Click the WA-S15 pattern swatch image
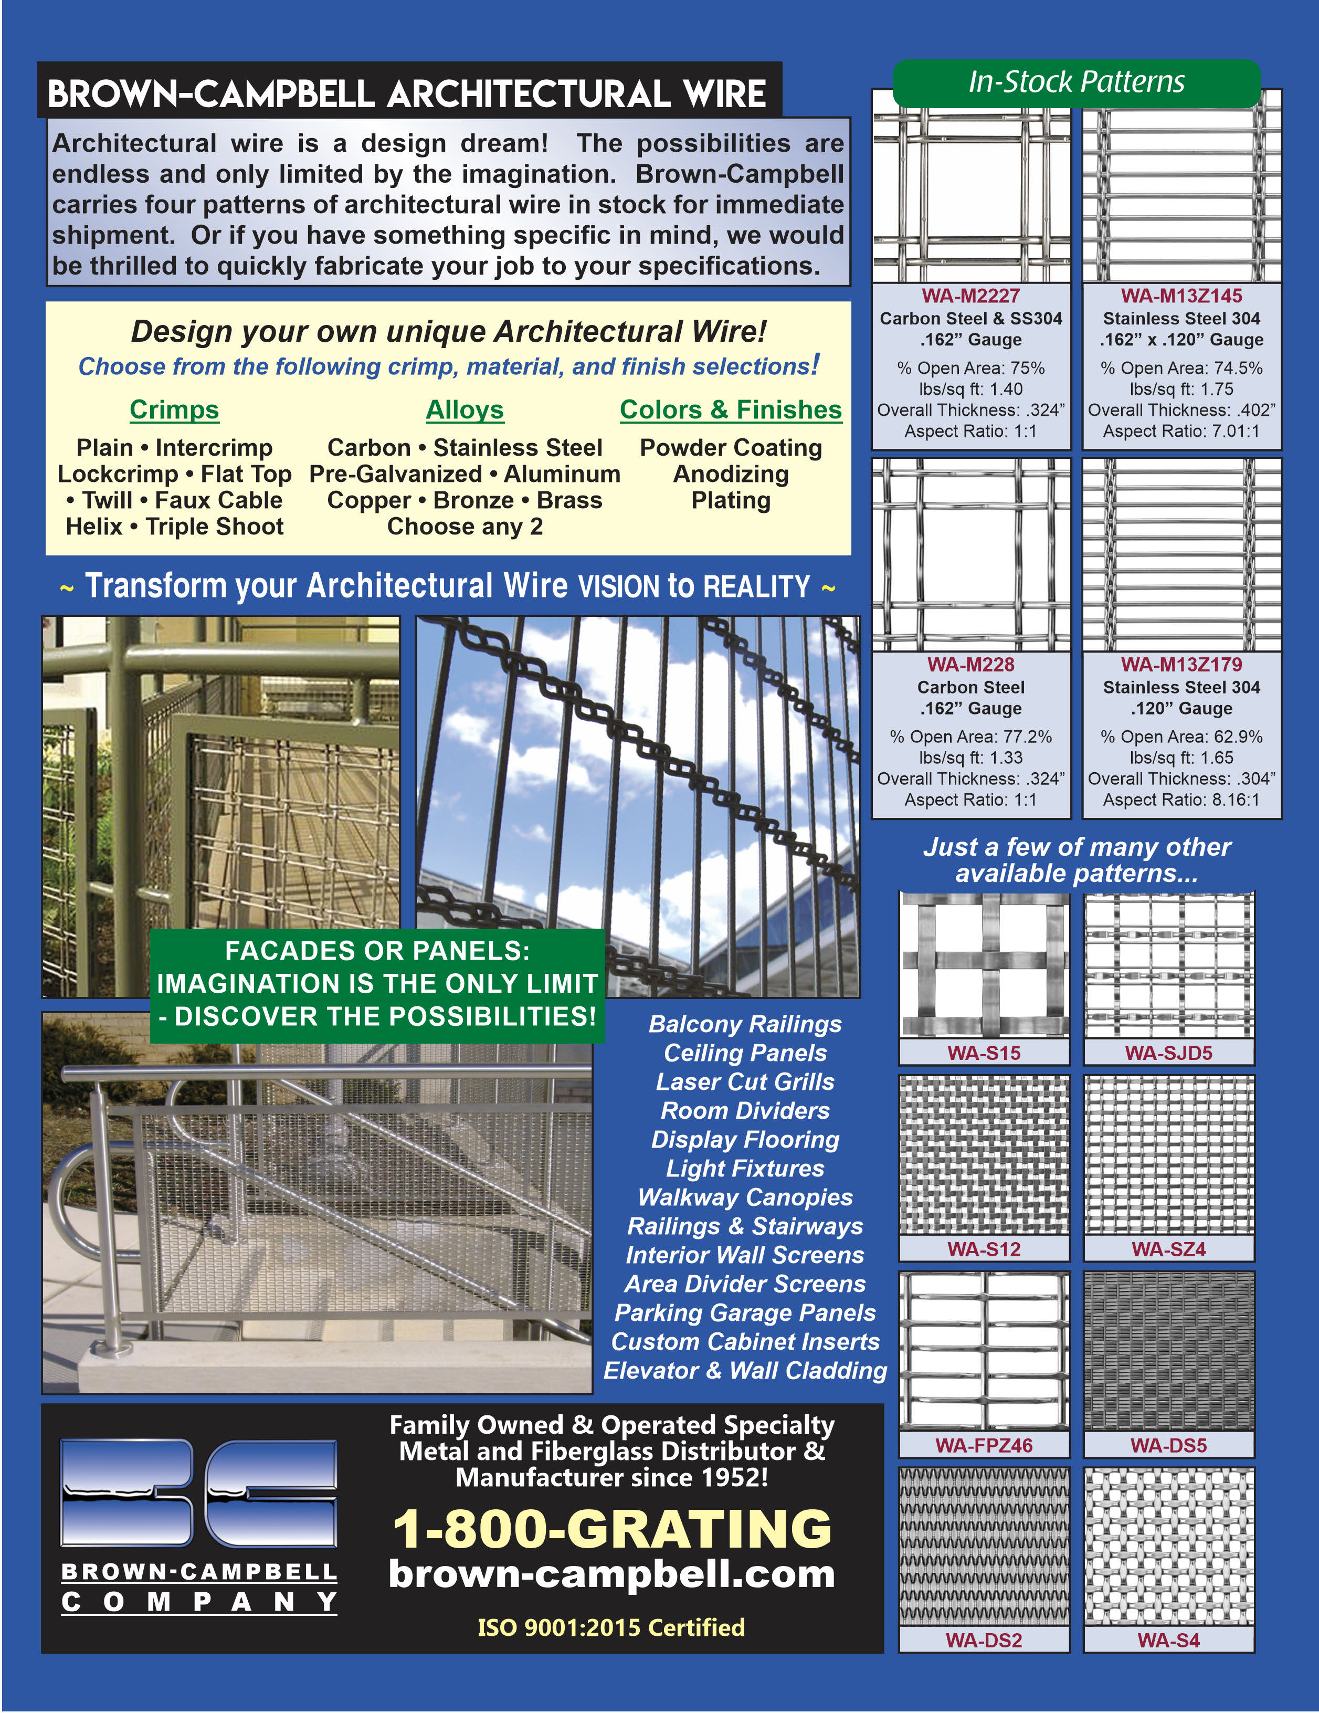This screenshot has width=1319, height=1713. click(984, 965)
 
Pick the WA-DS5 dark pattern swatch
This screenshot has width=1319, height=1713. click(1168, 1351)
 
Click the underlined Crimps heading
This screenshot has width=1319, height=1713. click(174, 409)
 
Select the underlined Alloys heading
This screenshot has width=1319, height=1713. click(464, 409)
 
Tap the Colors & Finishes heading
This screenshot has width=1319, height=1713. click(730, 409)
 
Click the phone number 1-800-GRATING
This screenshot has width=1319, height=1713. click(611, 1529)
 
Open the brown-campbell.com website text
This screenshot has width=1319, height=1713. click(611, 1574)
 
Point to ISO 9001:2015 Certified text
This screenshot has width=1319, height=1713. click(611, 1627)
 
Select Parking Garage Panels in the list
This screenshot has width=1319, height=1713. click(745, 1312)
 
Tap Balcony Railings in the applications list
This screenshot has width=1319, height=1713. click(745, 1024)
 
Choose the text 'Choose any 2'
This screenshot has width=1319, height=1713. click(464, 527)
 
